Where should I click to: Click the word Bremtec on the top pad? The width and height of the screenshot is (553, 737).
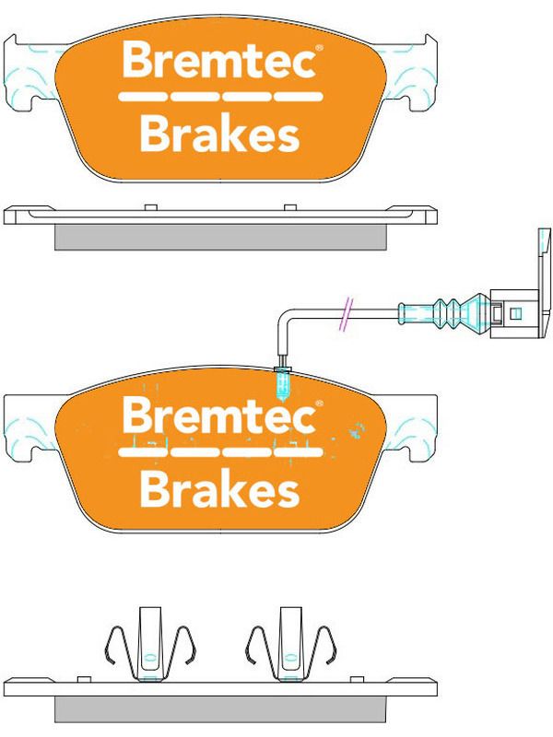coord(218,60)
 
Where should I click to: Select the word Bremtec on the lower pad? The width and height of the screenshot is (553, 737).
coord(218,415)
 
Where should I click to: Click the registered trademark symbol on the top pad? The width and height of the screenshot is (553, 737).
coord(319,49)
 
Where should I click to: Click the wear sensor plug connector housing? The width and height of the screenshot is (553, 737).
coord(514,313)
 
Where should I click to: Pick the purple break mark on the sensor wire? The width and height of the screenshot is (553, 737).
coord(347,314)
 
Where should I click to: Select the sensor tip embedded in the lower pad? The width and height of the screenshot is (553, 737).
coord(282,384)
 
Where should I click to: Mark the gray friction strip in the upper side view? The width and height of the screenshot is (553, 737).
coord(220,237)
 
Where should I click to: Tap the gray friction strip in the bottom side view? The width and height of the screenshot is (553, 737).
coord(220,708)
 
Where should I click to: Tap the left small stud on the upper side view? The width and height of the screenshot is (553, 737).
coord(150,208)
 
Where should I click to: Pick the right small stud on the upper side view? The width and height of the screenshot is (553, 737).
coord(290,208)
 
